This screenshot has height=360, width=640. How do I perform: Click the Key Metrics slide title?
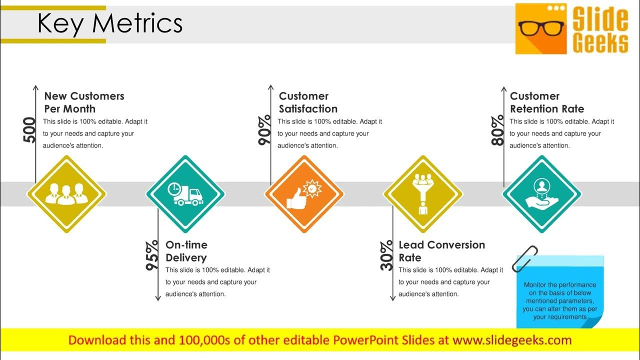click(110, 24)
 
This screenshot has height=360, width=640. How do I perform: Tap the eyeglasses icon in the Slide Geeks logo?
click(541, 28)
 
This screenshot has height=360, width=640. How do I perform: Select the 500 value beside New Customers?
click(30, 130)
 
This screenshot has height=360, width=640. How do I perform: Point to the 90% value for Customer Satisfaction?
click(265, 130)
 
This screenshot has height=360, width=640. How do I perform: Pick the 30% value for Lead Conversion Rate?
click(387, 256)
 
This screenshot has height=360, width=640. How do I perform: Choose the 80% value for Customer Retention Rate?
click(498, 130)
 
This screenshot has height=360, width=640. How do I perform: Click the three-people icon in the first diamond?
click(66, 194)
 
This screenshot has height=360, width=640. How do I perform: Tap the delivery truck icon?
click(186, 194)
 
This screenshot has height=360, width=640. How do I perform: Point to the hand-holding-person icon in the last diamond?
click(541, 194)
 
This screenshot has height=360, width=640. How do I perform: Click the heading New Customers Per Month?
click(84, 102)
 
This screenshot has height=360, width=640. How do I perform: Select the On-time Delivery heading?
click(186, 251)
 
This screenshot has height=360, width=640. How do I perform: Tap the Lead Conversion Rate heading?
click(441, 251)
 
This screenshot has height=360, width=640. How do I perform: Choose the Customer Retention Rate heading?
click(546, 102)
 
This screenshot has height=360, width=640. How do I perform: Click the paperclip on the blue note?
click(525, 258)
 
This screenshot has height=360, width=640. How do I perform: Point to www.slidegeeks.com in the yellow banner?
click(511, 340)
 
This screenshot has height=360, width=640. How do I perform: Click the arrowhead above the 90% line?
click(270, 87)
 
